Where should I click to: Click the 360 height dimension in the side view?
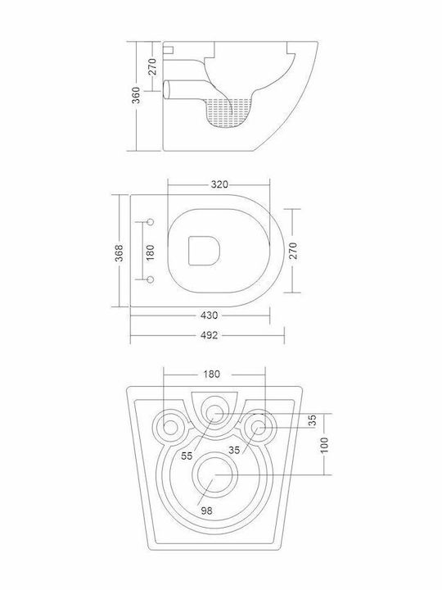pyautogui.click(x=137, y=95)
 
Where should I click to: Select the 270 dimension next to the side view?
pyautogui.click(x=152, y=66)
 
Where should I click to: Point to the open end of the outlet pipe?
pyautogui.click(x=166, y=89)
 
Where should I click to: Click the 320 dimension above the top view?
pyautogui.click(x=219, y=184)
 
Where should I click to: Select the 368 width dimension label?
pyautogui.click(x=119, y=253)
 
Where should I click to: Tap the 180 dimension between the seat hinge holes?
pyautogui.click(x=150, y=253)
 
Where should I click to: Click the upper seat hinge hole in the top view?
pyautogui.click(x=151, y=222)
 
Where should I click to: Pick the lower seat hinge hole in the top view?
pyautogui.click(x=151, y=279)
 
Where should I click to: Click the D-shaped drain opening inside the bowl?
pyautogui.click(x=204, y=251)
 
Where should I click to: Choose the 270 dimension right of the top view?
pyautogui.click(x=294, y=251)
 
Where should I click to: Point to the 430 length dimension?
pyautogui.click(x=209, y=315)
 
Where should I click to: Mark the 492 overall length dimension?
pyautogui.click(x=209, y=335)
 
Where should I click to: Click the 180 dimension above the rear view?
pyautogui.click(x=212, y=374)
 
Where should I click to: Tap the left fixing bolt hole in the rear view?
pyautogui.click(x=170, y=428)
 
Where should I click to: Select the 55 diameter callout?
pyautogui.click(x=187, y=456)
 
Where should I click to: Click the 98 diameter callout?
pyautogui.click(x=206, y=511)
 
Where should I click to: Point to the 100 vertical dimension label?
pyautogui.click(x=325, y=445)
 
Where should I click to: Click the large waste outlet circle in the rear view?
pyautogui.click(x=215, y=474)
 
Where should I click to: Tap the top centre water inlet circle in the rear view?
pyautogui.click(x=214, y=413)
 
